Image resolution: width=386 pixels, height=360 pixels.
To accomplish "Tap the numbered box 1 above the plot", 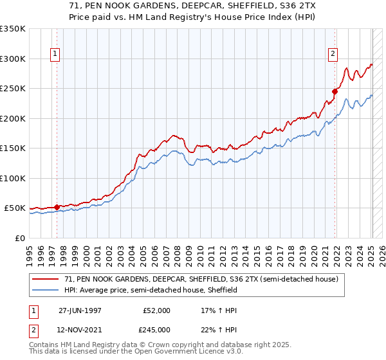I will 56,55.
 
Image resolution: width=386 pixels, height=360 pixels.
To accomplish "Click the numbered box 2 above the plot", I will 333,55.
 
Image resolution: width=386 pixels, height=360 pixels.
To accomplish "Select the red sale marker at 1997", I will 57,207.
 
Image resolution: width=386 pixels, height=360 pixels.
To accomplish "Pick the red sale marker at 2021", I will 335,91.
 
